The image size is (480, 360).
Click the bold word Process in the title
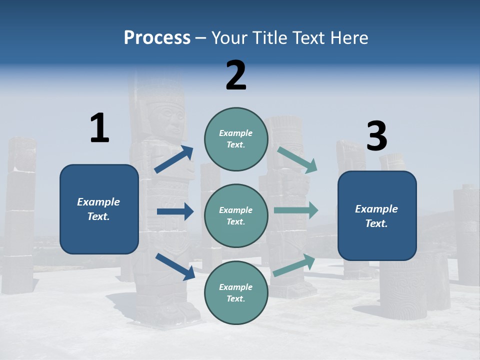[157, 37]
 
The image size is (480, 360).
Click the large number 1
[99, 128]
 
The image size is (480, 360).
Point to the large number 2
[236, 75]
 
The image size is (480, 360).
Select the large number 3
[376, 136]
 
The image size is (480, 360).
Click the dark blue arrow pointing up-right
[173, 159]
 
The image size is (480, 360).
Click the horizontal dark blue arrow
[175, 211]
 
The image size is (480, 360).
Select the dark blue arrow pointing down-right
[175, 266]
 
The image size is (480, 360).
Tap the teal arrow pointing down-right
[297, 159]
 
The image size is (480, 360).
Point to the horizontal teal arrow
[296, 210]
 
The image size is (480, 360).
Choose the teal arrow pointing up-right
[294, 265]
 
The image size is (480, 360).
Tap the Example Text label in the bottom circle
[236, 293]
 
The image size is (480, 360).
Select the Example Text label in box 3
[376, 216]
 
